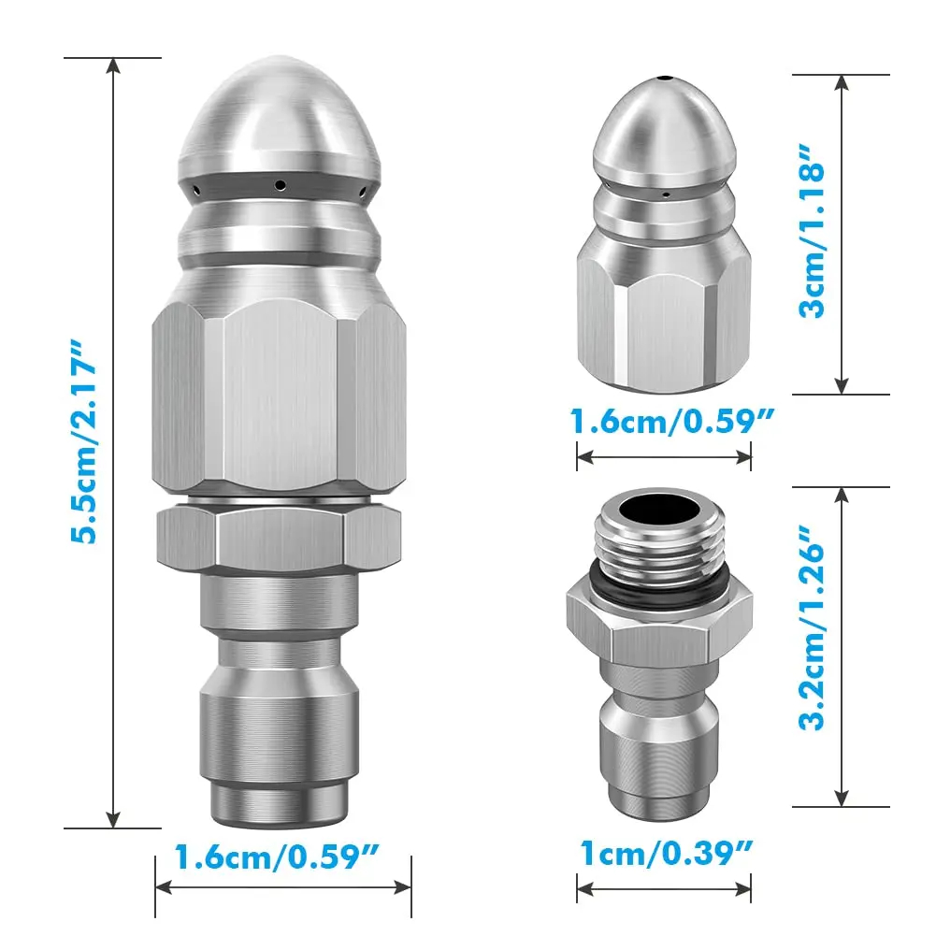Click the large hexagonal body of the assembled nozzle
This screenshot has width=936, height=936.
pyautogui.click(x=279, y=402)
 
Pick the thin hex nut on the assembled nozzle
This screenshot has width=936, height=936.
pyautogui.click(x=279, y=540)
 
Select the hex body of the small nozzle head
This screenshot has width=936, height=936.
pyautogui.click(x=663, y=309)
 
